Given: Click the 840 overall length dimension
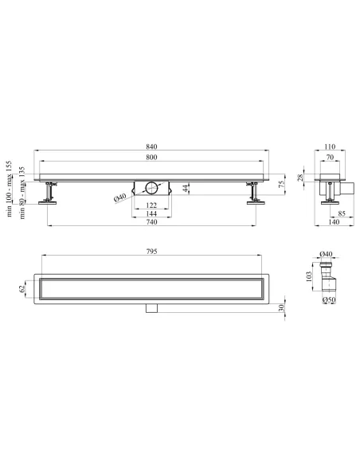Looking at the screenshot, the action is (151, 147).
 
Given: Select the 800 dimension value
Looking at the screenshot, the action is (151, 157).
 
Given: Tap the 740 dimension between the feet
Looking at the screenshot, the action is (151, 222).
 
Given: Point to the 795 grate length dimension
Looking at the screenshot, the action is (151, 252).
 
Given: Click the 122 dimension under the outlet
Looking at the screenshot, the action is (151, 205).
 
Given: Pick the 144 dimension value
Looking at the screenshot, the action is (151, 213).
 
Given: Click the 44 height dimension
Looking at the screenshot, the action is (186, 188).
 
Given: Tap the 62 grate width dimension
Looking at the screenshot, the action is (22, 288).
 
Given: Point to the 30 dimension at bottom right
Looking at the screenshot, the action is (282, 307).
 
